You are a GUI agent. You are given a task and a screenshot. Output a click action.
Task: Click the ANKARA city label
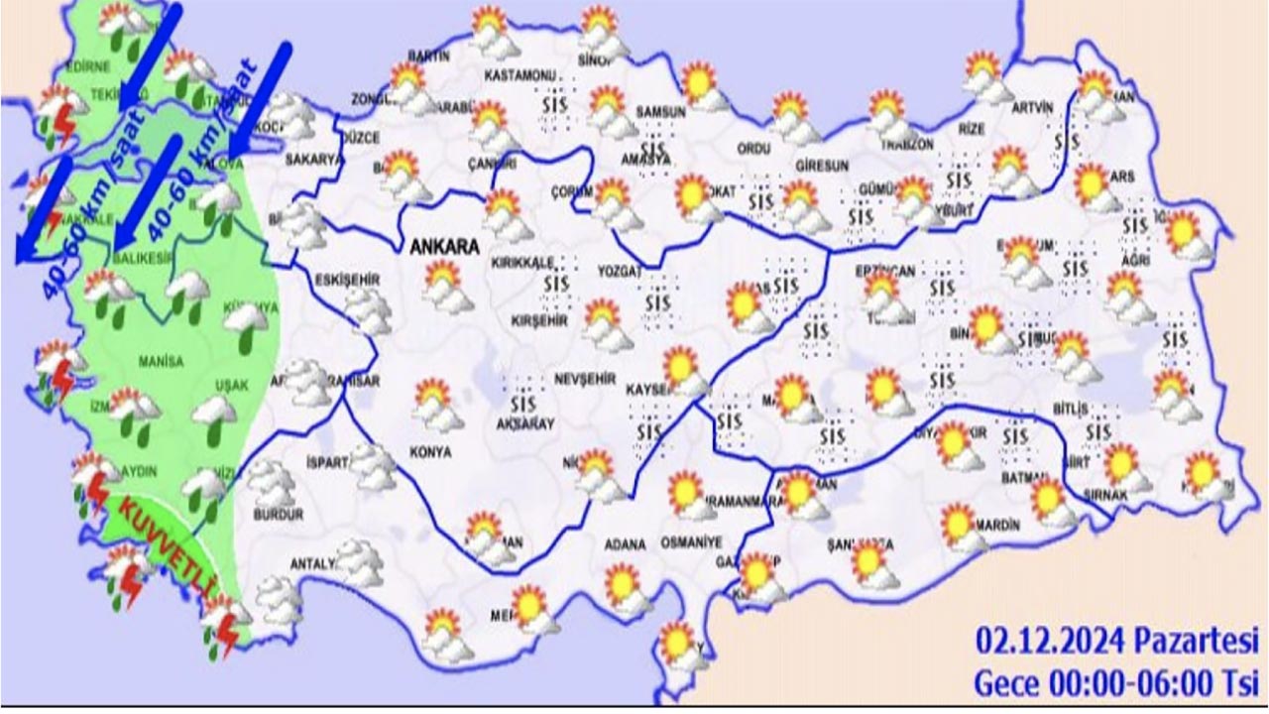tap(445, 247)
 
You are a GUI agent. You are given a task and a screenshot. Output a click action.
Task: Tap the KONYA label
tap(430, 451)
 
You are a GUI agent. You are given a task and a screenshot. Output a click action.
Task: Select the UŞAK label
tap(233, 386)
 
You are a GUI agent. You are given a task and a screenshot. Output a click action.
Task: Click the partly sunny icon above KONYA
tap(436, 404)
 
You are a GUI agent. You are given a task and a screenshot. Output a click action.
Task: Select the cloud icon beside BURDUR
tap(270, 483)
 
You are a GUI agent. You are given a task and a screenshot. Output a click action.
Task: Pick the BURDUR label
tap(279, 516)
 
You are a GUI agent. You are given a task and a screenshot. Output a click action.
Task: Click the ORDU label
tap(753, 148)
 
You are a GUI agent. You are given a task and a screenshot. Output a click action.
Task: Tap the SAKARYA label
tap(313, 158)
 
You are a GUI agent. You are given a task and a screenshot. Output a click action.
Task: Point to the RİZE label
tap(973, 128)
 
